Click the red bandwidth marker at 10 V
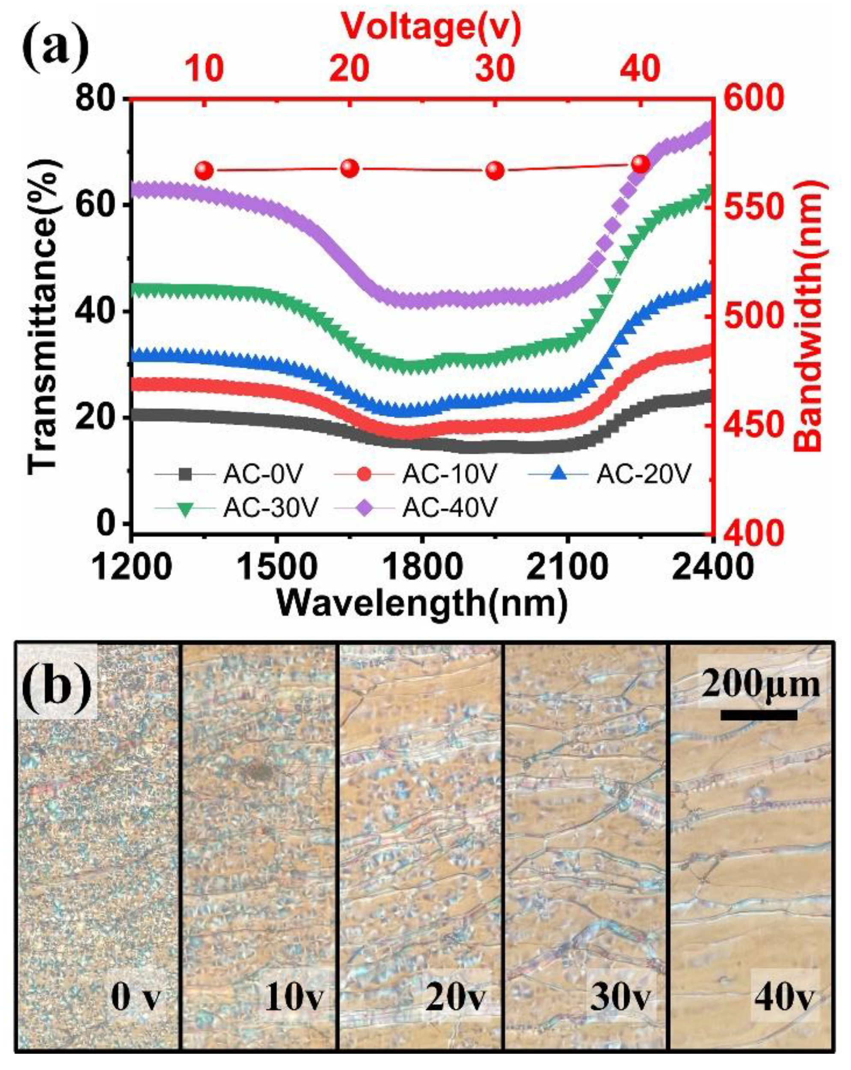pyautogui.click(x=204, y=171)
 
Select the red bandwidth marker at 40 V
pyautogui.click(x=640, y=164)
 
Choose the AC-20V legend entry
pyautogui.click(x=643, y=474)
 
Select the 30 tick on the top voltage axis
pyautogui.click(x=494, y=69)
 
